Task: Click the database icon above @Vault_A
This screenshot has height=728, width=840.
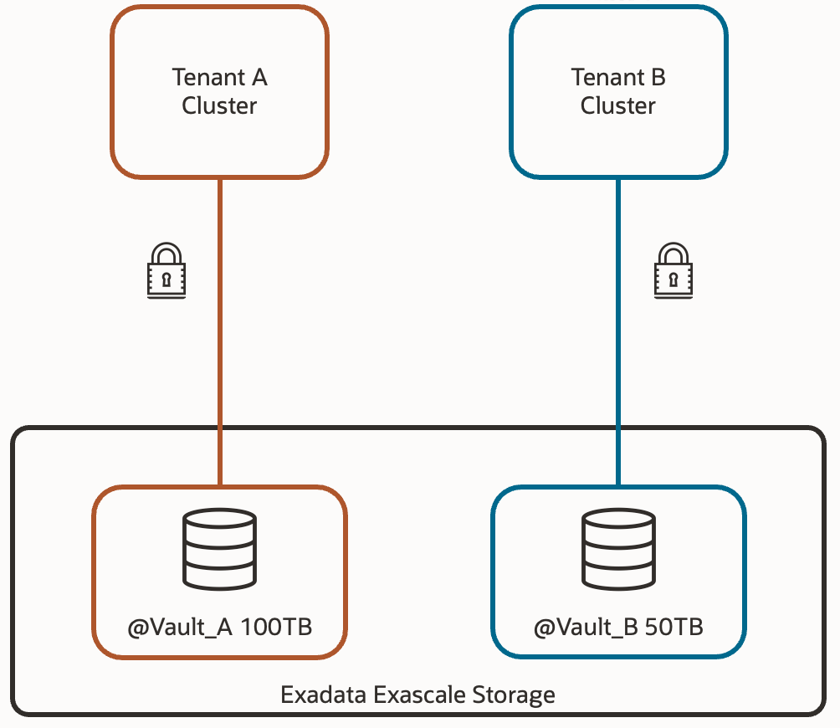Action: (x=219, y=551)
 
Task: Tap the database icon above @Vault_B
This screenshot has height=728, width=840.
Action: (x=618, y=551)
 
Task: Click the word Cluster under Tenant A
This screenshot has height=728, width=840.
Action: (x=219, y=106)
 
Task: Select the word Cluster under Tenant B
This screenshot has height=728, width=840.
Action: (x=618, y=106)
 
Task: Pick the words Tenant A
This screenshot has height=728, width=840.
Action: (x=219, y=77)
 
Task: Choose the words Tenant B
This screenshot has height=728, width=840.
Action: (x=618, y=77)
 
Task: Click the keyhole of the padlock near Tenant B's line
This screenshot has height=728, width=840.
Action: (x=674, y=278)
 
